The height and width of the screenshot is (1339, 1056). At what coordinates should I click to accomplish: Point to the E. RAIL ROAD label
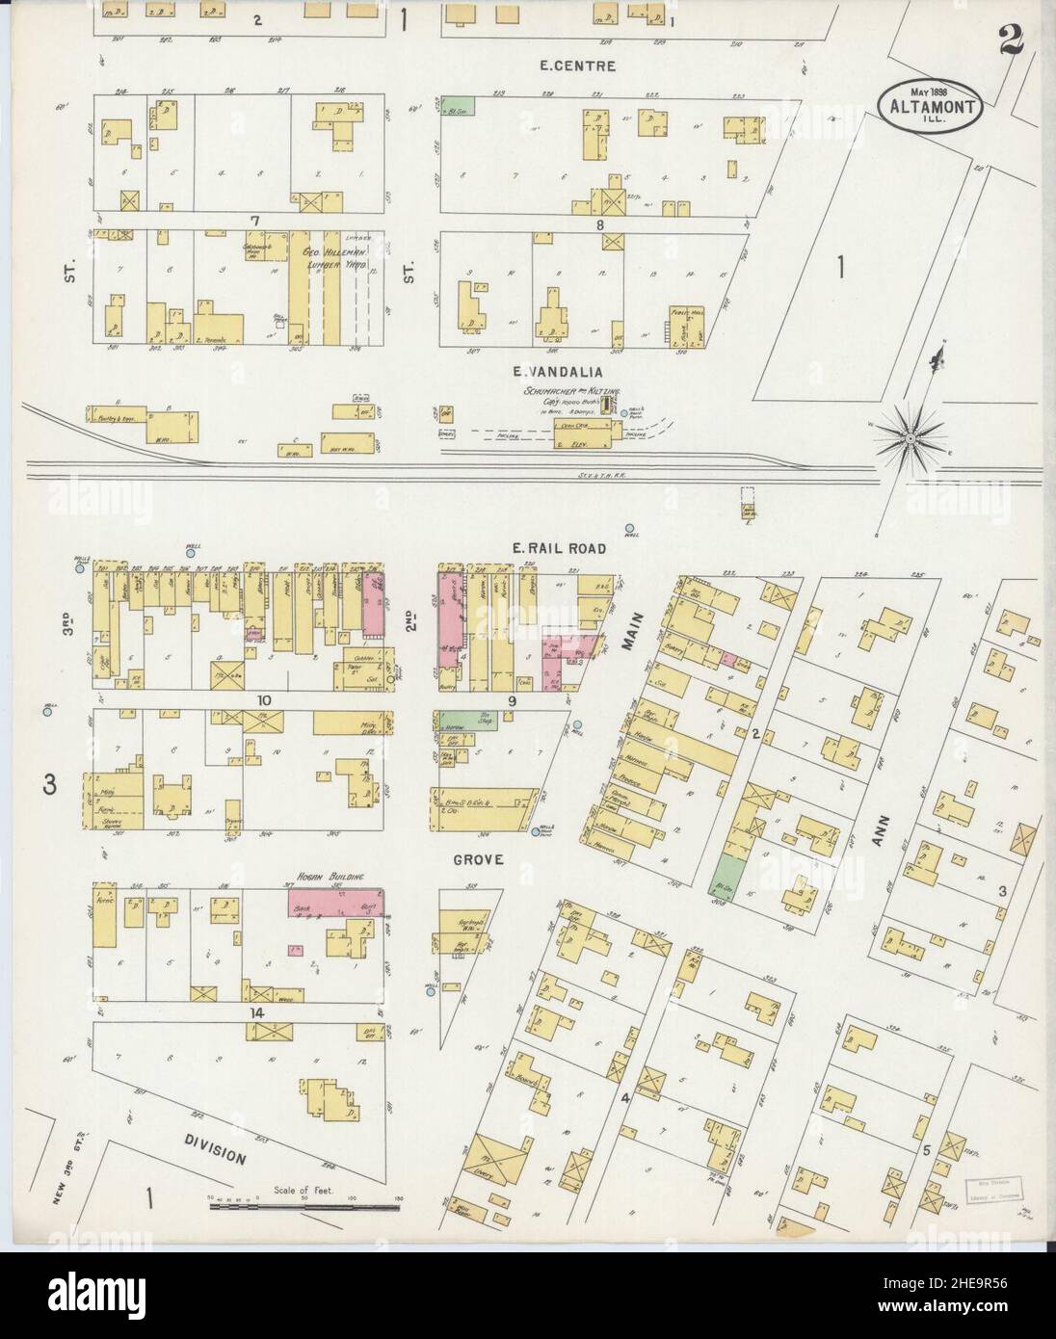pos(559,548)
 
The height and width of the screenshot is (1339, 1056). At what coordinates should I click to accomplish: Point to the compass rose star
pos(908,439)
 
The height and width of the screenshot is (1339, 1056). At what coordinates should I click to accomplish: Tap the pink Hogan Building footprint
pos(334,903)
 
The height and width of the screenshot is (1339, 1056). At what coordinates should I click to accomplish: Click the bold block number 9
pos(514,701)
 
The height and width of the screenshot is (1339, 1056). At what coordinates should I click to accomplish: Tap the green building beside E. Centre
pos(458,105)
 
